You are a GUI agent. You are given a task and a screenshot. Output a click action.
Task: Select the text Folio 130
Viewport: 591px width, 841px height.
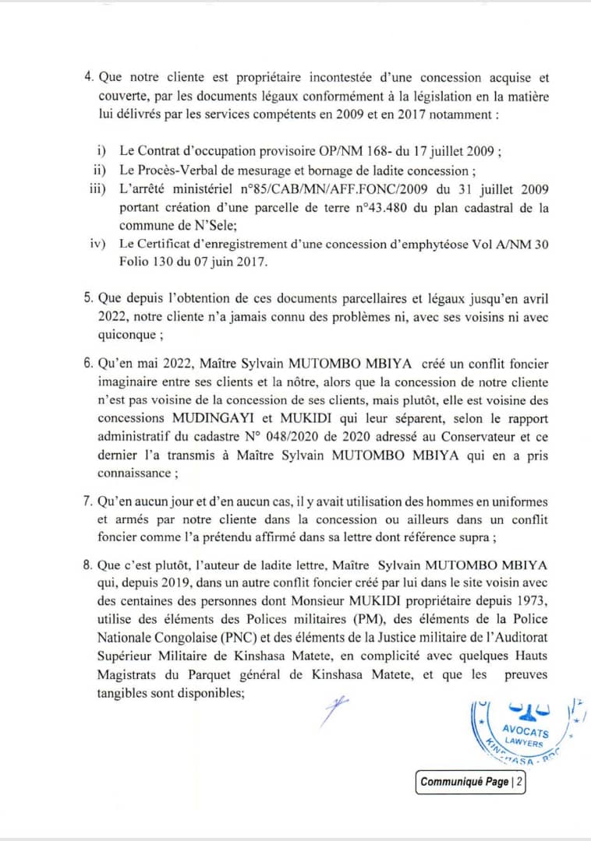tap(148, 262)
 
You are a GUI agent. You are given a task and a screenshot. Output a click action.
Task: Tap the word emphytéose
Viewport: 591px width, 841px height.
tap(455, 244)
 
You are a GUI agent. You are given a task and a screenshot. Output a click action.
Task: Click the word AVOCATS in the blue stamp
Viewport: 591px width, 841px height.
tap(524, 731)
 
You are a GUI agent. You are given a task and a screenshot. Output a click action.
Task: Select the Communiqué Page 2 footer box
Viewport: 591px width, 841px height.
tap(470, 782)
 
